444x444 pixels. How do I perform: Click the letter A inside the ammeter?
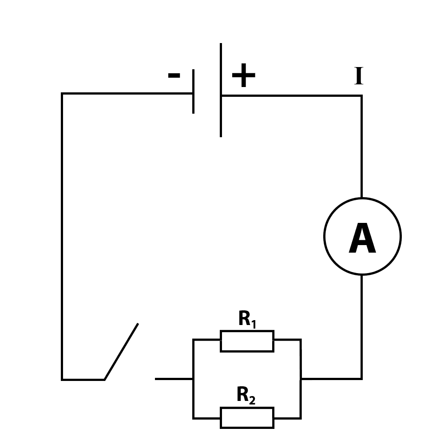(362, 238)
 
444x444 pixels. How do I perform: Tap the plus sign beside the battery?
(243, 75)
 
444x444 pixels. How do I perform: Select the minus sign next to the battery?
(174, 75)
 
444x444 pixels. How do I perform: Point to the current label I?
(359, 76)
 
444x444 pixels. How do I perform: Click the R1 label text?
(247, 319)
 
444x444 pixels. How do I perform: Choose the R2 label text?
(246, 395)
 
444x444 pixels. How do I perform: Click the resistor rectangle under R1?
(247, 341)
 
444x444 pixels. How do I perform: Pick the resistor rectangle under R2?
(247, 418)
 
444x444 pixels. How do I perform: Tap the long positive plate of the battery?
(221, 90)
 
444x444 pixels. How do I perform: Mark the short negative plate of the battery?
(194, 91)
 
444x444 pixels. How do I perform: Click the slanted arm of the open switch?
(121, 351)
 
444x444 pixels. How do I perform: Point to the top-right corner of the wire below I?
(361, 96)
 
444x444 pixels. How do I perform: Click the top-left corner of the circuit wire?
(62, 93)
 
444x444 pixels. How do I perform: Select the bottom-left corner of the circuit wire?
(62, 380)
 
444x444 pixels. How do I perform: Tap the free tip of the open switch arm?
(138, 323)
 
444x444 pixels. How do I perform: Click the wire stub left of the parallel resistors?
(174, 379)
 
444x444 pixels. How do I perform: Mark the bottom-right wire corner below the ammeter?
(361, 378)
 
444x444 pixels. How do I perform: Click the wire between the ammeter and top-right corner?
(361, 147)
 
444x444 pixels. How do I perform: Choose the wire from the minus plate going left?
(127, 93)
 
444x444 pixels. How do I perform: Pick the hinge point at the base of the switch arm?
(104, 380)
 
